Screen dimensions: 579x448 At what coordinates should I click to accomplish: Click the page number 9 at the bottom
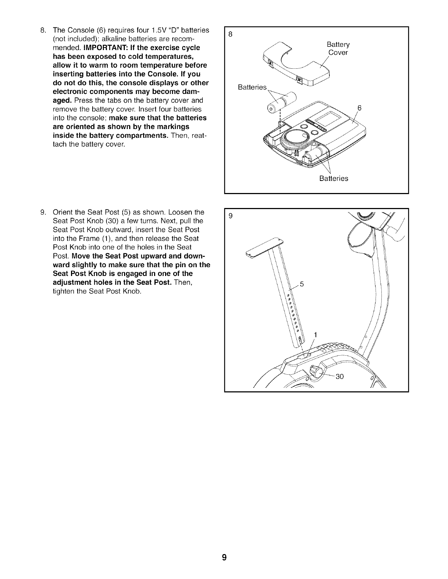tap(224, 557)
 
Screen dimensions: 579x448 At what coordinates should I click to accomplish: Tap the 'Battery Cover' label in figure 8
tap(338, 49)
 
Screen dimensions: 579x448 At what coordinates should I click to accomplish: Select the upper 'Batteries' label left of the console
tap(252, 87)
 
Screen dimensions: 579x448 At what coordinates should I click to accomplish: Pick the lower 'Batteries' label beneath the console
tap(333, 178)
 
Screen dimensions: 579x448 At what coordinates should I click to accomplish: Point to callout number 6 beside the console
tap(359, 108)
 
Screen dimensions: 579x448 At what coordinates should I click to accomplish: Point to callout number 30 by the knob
tap(340, 377)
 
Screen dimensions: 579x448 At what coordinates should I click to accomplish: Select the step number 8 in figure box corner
tap(230, 35)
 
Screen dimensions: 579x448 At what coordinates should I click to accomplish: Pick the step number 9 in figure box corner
tap(230, 216)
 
